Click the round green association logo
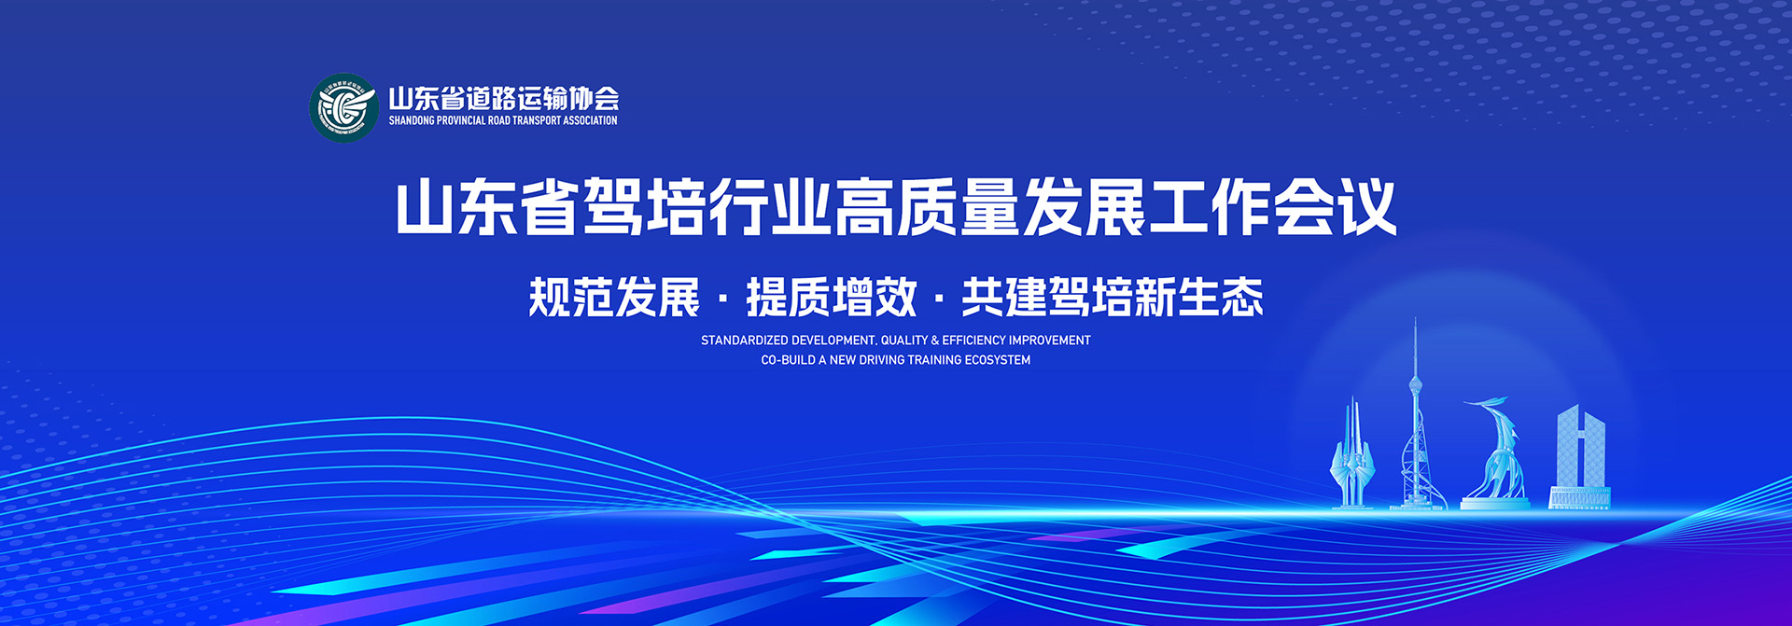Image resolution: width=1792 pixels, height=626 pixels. (x=343, y=108)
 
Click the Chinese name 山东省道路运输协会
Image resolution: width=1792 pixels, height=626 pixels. (x=504, y=98)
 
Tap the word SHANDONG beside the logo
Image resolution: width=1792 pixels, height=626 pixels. (x=412, y=120)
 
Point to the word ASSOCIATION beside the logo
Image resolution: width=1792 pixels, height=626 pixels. (x=589, y=120)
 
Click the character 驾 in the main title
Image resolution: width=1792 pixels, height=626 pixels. (x=613, y=207)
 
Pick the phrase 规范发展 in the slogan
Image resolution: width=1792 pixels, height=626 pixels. (x=614, y=298)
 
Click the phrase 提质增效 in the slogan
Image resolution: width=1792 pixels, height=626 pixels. (x=832, y=298)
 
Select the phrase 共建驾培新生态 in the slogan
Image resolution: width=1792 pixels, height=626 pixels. (x=1113, y=298)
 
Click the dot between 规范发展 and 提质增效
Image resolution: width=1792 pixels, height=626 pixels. (x=723, y=299)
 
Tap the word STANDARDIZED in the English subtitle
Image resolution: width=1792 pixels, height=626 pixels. (x=744, y=341)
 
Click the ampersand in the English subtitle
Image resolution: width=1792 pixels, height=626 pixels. (x=934, y=341)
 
